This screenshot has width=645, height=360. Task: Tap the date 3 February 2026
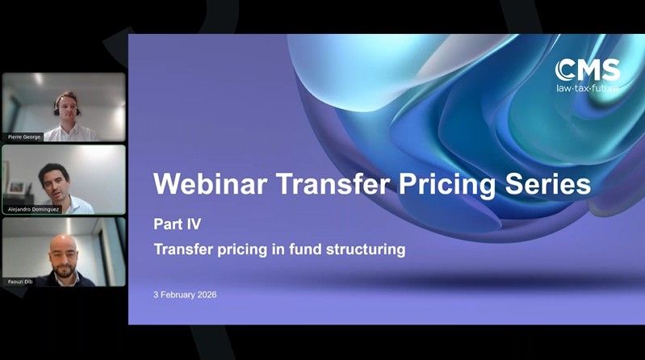pos(185,295)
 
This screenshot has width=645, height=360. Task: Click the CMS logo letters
pos(588,69)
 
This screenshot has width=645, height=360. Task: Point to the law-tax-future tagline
pos(588,86)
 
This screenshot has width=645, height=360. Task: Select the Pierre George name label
pos(25,136)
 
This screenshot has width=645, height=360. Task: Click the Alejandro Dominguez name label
pos(34,208)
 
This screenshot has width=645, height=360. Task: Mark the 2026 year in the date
pos(206,295)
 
